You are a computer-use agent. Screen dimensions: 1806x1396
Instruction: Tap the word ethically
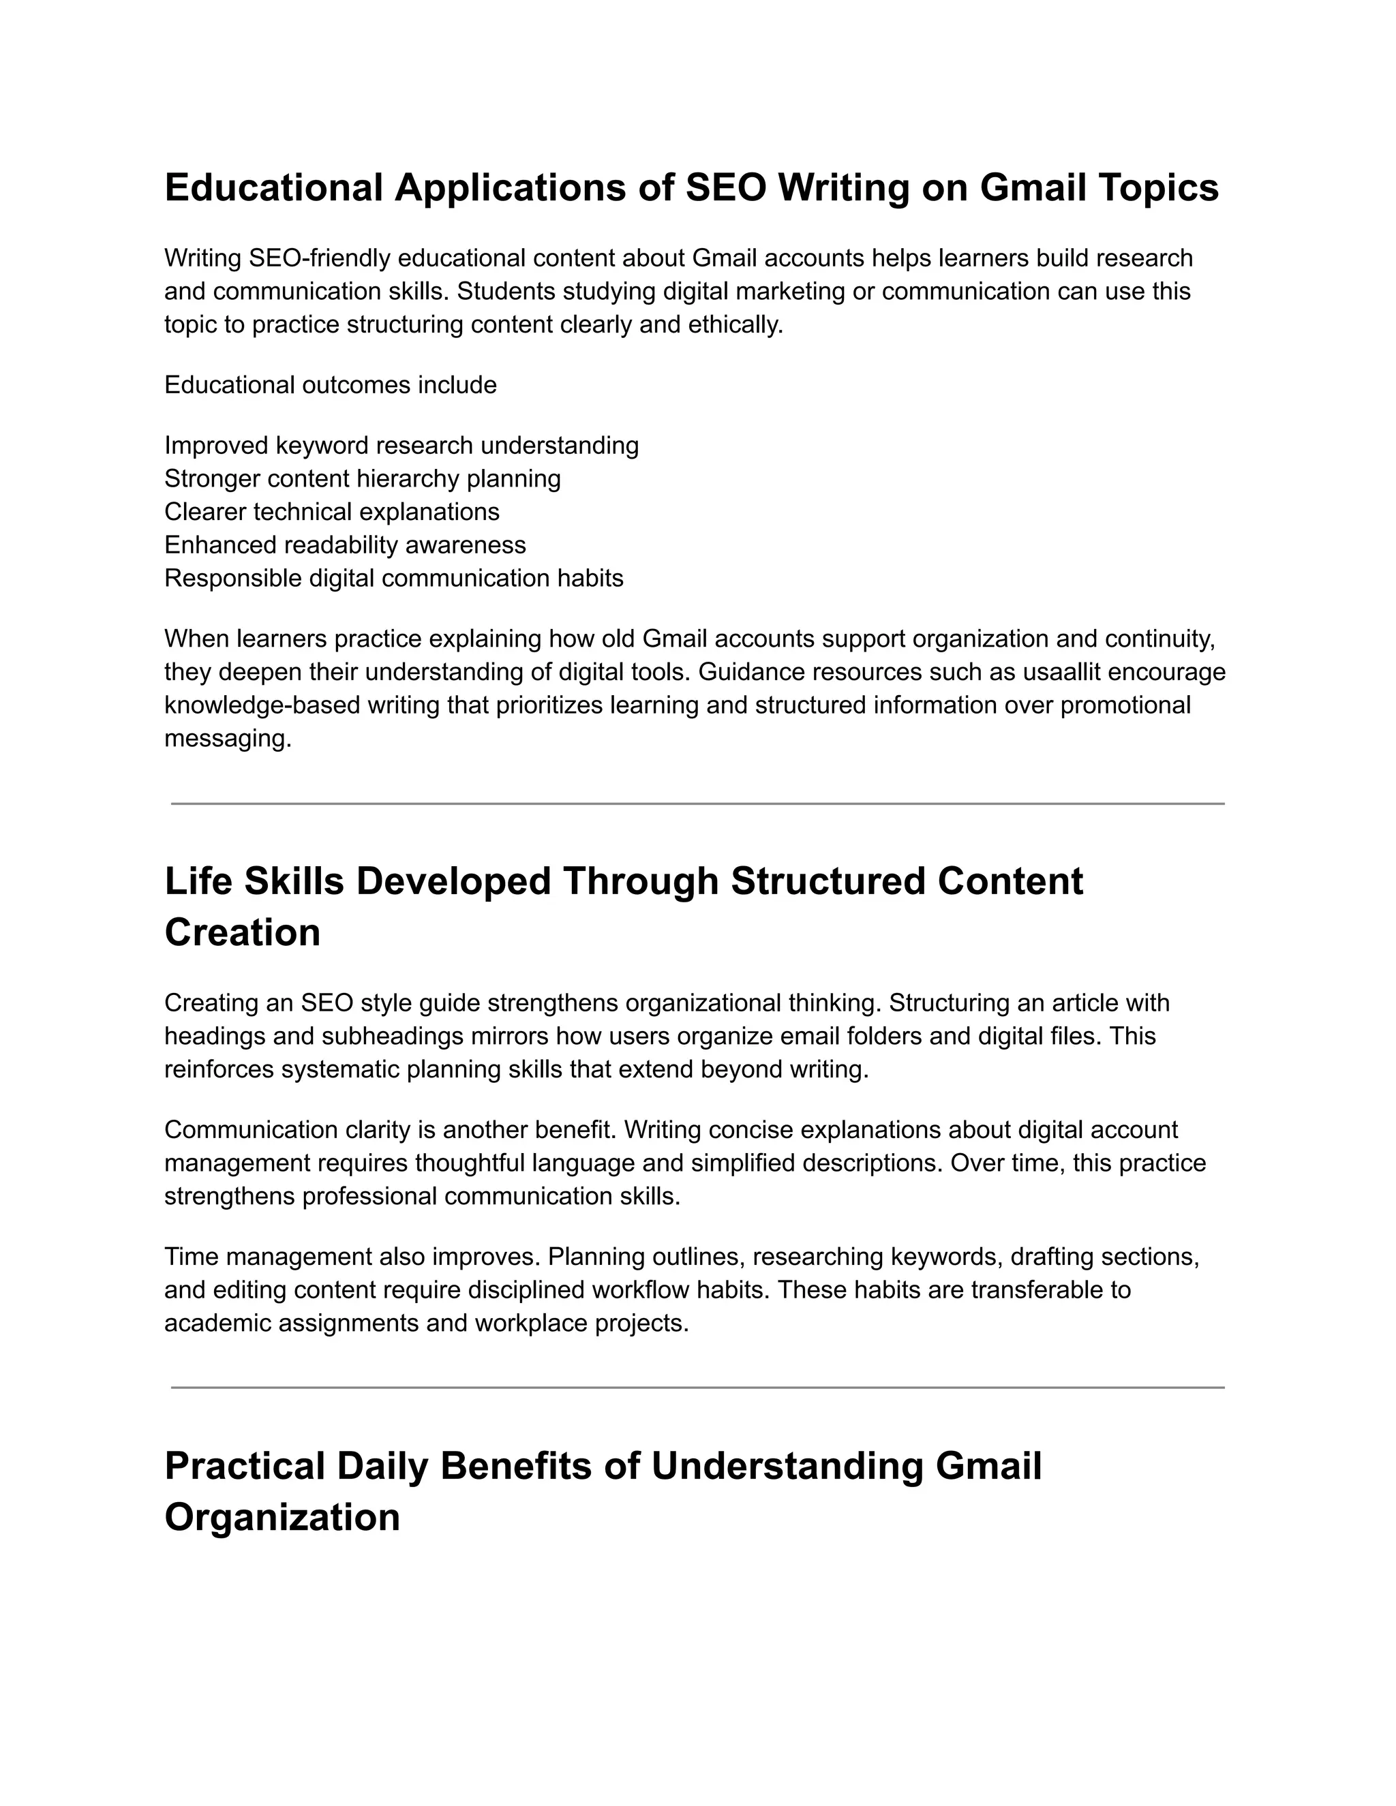[x=735, y=324]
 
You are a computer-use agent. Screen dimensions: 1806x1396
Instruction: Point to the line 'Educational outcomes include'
[x=331, y=384]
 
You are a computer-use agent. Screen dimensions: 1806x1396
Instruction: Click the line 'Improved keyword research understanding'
[x=401, y=445]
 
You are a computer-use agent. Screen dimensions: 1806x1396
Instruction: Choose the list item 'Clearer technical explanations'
[x=332, y=511]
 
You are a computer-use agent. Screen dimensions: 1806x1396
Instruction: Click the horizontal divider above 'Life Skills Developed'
[x=697, y=803]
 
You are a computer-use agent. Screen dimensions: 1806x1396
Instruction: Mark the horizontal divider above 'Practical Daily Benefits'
[x=697, y=1388]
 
